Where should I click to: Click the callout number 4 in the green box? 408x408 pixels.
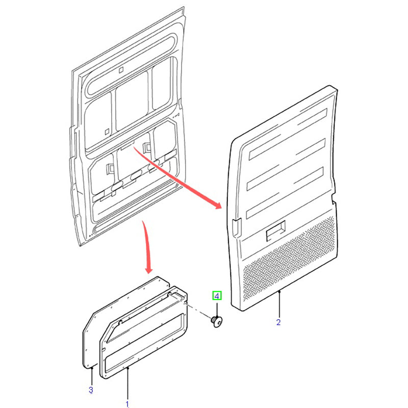[x=217, y=296]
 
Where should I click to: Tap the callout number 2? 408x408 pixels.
[x=278, y=322]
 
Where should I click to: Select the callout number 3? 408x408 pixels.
[x=91, y=390]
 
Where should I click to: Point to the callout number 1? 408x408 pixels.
[x=127, y=404]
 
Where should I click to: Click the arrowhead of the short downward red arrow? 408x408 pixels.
[x=148, y=270]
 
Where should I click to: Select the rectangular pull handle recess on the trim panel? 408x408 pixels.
[x=276, y=231]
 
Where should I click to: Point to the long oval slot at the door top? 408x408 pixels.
[x=132, y=65]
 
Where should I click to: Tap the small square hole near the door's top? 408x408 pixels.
[x=121, y=70]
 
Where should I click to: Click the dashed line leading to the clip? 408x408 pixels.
[x=198, y=310]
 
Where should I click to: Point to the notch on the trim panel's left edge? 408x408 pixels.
[x=237, y=227]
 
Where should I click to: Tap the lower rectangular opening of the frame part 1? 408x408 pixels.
[x=144, y=340]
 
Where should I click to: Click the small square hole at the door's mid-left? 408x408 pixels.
[x=107, y=132]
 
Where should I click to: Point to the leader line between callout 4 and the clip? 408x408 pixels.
[x=217, y=308]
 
